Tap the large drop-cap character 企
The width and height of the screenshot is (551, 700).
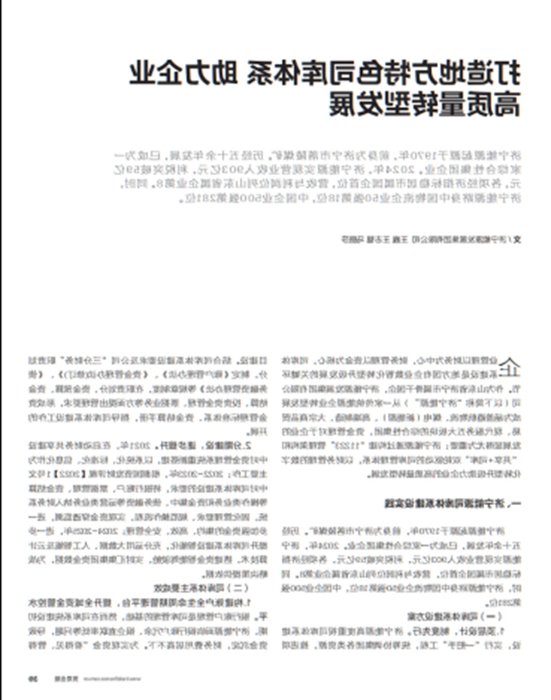coord(508,366)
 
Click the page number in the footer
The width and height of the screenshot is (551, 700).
coord(33,679)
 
